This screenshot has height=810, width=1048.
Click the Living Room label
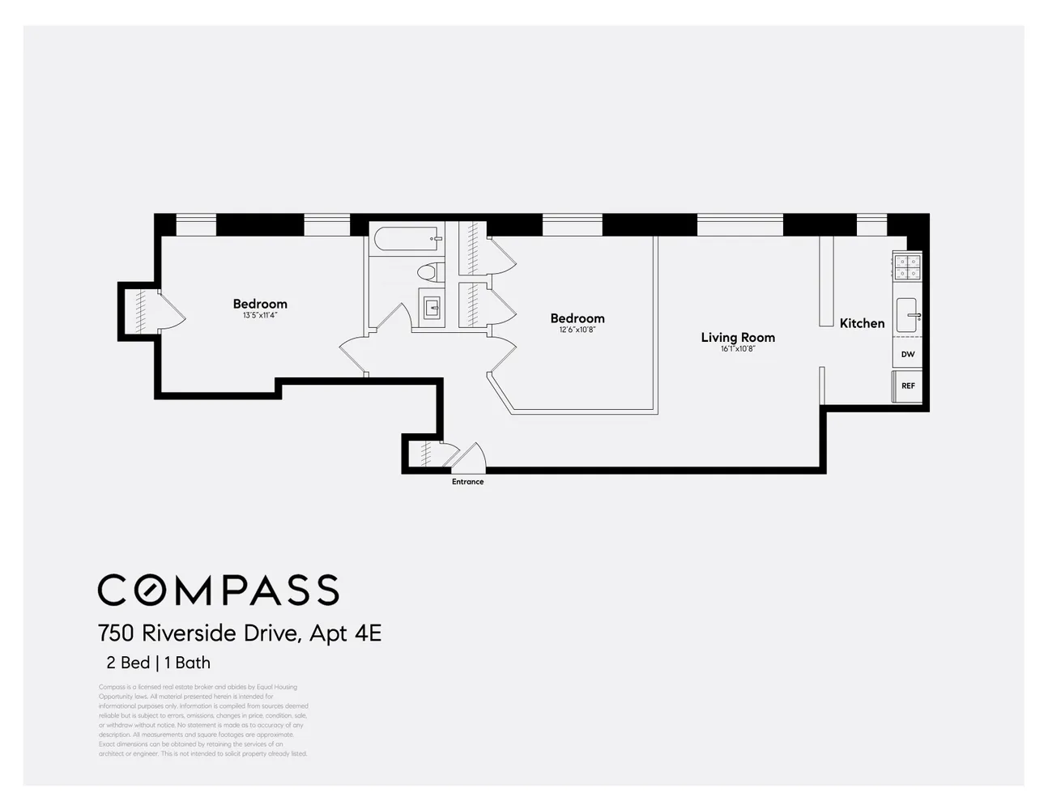[x=738, y=337]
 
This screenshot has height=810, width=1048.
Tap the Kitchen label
[x=862, y=323]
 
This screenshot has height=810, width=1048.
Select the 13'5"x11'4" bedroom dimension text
[x=260, y=315]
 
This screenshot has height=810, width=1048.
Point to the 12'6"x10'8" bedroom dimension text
[x=577, y=330]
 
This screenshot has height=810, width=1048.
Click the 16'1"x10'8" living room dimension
[x=738, y=349]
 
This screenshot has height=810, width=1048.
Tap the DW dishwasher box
[x=907, y=354]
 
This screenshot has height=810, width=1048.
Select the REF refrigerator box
[x=908, y=386]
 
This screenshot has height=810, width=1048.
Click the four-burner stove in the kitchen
[x=907, y=266]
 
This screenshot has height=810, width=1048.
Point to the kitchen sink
[x=906, y=315]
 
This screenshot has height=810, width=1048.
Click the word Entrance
[x=467, y=482]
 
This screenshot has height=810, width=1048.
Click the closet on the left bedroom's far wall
[x=139, y=308]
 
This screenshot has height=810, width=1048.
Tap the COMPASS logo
[x=218, y=590]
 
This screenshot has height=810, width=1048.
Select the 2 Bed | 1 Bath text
[x=158, y=663]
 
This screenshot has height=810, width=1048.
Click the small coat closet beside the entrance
[x=421, y=454]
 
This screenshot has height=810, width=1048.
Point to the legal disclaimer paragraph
[x=203, y=720]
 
